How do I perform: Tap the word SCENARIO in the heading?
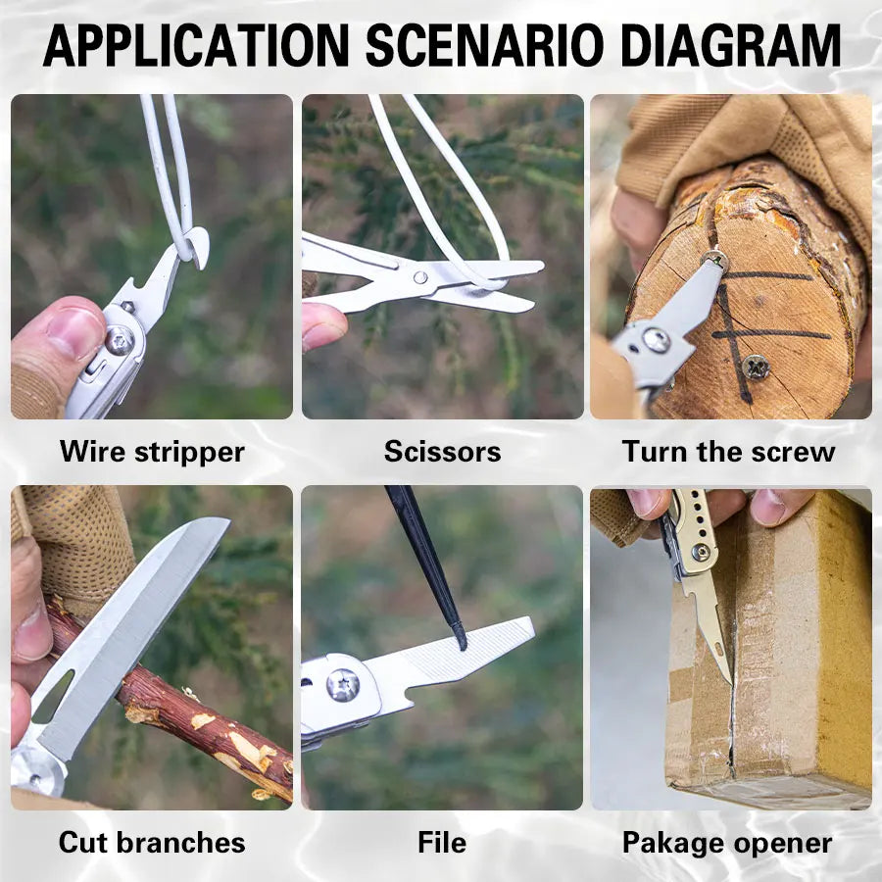click(484, 45)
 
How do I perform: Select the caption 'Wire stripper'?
click(152, 452)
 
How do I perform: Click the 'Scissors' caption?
click(443, 452)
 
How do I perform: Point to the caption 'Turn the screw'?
click(728, 452)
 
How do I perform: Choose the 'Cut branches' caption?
click(152, 843)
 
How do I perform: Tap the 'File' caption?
click(442, 843)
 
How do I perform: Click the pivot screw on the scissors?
click(420, 277)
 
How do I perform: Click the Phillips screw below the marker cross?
click(756, 367)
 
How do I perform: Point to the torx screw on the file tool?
click(343, 685)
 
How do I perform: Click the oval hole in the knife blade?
click(54, 697)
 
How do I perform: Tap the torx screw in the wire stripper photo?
click(120, 340)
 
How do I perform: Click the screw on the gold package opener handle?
click(701, 553)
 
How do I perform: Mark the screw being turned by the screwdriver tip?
click(715, 260)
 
